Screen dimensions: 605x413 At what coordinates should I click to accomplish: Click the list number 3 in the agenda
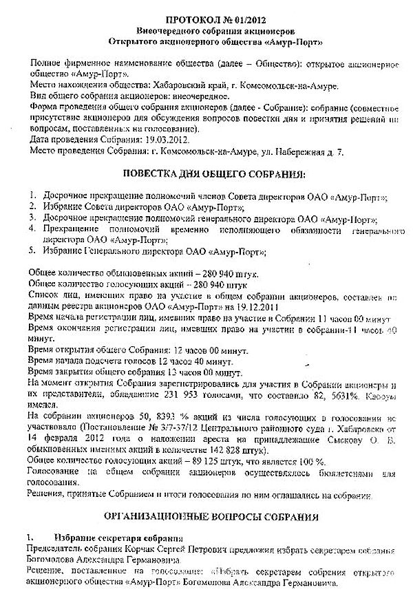pyautogui.click(x=32, y=217)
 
